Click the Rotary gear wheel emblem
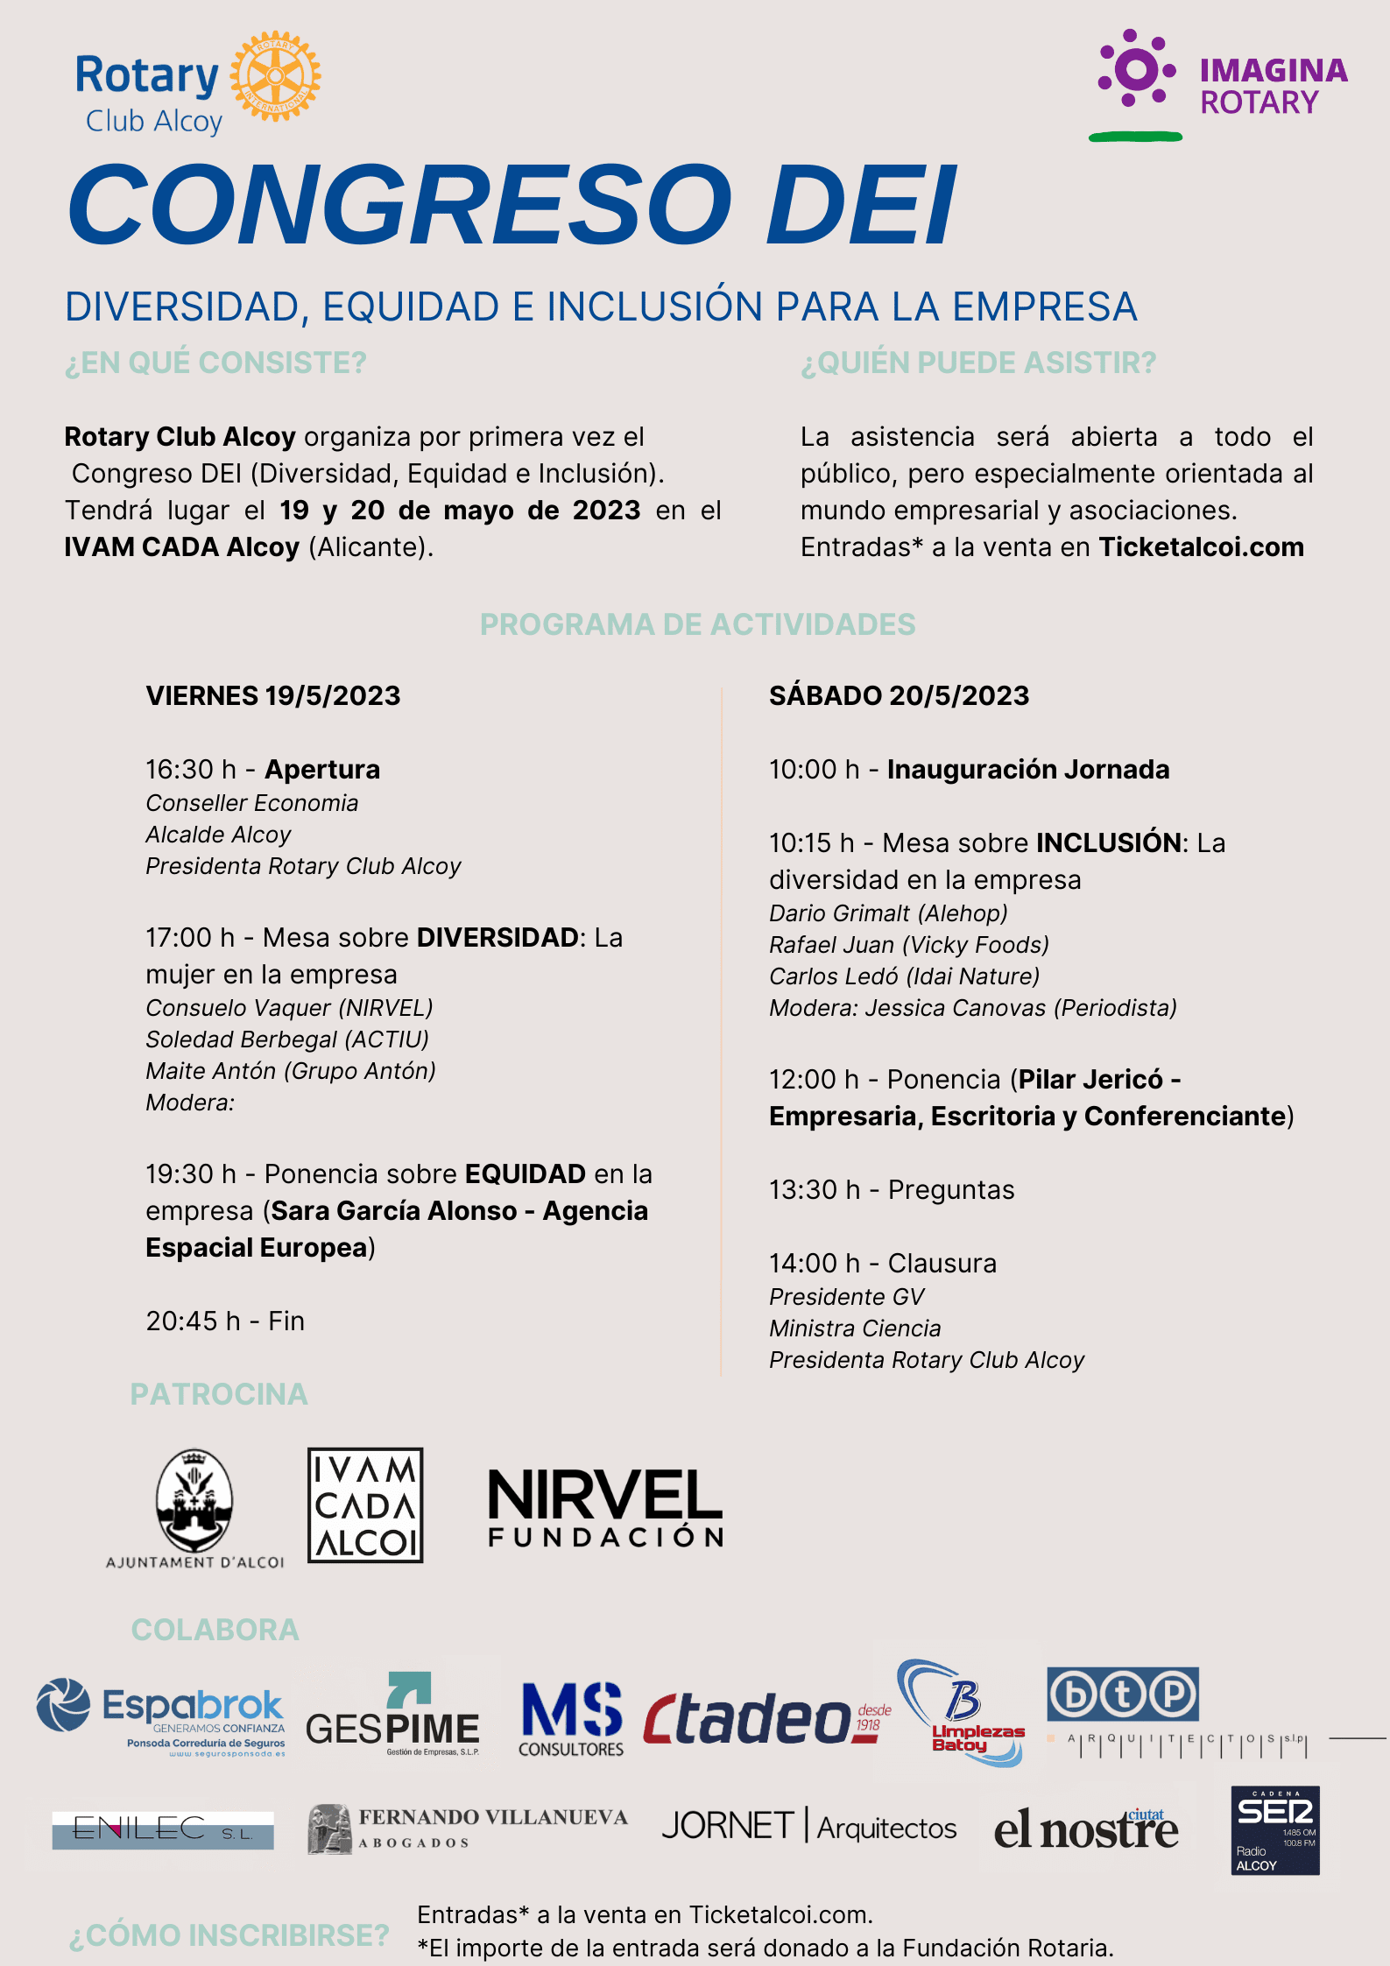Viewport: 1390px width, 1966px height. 275,76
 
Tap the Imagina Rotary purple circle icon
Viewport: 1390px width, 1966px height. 1136,70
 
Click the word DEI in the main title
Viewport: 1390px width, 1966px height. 861,206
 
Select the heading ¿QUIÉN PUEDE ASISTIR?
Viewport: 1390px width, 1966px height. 978,363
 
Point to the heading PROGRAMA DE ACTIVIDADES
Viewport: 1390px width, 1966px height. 697,624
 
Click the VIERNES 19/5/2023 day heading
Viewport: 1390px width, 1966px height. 273,695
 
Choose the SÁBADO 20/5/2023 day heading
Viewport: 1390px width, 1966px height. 899,695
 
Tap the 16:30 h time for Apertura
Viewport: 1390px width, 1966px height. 191,770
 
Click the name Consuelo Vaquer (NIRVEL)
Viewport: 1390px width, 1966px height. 289,1008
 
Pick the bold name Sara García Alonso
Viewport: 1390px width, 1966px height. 394,1211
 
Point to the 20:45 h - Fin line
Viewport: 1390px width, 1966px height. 225,1321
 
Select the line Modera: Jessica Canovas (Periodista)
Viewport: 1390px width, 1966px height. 972,1008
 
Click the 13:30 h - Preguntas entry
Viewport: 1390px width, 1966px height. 892,1190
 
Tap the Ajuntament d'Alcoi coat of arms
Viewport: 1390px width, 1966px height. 194,1499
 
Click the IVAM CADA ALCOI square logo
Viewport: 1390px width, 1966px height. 365,1505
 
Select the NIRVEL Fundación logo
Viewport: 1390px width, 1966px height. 605,1507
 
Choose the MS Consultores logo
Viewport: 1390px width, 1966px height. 571,1718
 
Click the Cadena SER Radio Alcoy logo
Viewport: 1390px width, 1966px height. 1274,1830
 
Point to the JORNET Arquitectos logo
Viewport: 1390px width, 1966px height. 808,1827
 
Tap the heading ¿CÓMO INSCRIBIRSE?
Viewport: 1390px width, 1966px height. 229,1935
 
